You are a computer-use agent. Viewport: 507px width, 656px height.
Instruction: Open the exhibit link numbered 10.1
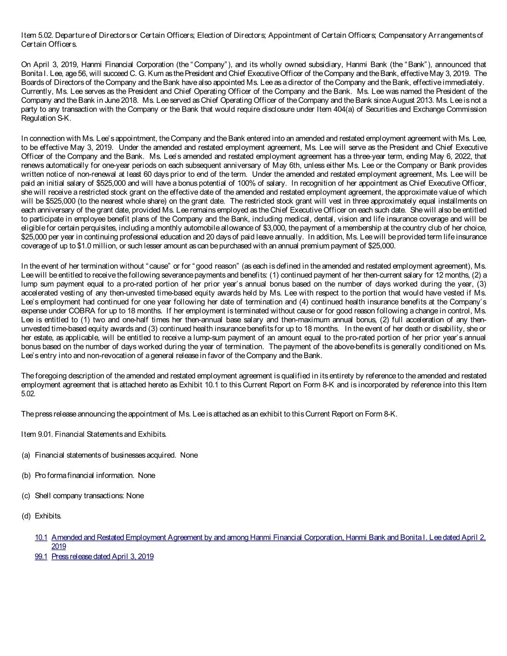[x=41, y=537]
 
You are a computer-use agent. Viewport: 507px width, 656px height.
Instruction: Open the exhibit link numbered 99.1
[x=41, y=557]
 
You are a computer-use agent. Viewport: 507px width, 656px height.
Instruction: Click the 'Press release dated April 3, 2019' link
[x=102, y=557]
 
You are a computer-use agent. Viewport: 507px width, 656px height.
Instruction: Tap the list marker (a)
[x=26, y=455]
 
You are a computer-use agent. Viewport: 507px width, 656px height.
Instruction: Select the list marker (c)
[x=26, y=495]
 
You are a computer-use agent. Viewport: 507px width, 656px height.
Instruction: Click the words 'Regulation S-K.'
[x=46, y=118]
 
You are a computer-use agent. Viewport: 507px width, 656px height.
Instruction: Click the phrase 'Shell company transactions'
[x=79, y=495]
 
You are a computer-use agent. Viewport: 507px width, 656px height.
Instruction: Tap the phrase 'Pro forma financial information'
[x=84, y=475]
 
